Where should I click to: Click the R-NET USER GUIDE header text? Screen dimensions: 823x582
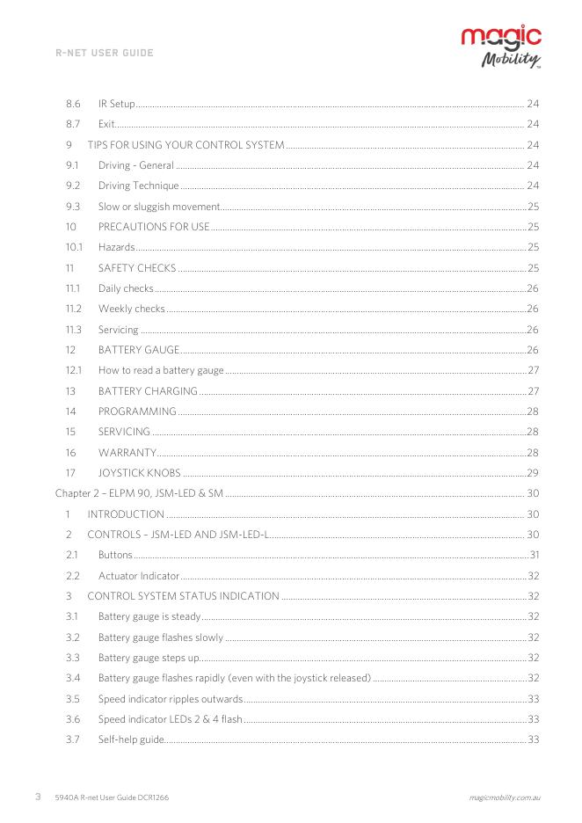[105, 53]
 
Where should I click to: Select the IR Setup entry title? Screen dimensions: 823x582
[117, 104]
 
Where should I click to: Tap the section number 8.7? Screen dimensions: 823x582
[74, 124]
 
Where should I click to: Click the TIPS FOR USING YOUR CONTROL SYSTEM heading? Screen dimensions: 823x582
[186, 144]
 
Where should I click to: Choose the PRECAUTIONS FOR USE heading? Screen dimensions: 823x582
[154, 227]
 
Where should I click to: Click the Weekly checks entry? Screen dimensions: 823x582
[131, 309]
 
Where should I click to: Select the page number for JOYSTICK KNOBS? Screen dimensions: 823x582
[532, 473]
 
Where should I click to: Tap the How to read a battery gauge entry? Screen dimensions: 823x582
[161, 370]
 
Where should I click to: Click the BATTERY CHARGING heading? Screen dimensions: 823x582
[148, 391]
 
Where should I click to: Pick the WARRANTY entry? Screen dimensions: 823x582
[127, 453]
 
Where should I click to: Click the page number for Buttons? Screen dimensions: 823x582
[534, 555]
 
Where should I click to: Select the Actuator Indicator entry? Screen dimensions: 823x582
[139, 576]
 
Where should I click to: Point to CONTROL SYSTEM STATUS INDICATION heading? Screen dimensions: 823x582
[183, 596]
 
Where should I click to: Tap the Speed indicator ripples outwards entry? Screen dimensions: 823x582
[171, 699]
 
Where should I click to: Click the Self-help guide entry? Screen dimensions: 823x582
[131, 739]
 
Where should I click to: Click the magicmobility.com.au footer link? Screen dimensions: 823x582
[505, 798]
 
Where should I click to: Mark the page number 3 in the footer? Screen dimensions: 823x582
[38, 797]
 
